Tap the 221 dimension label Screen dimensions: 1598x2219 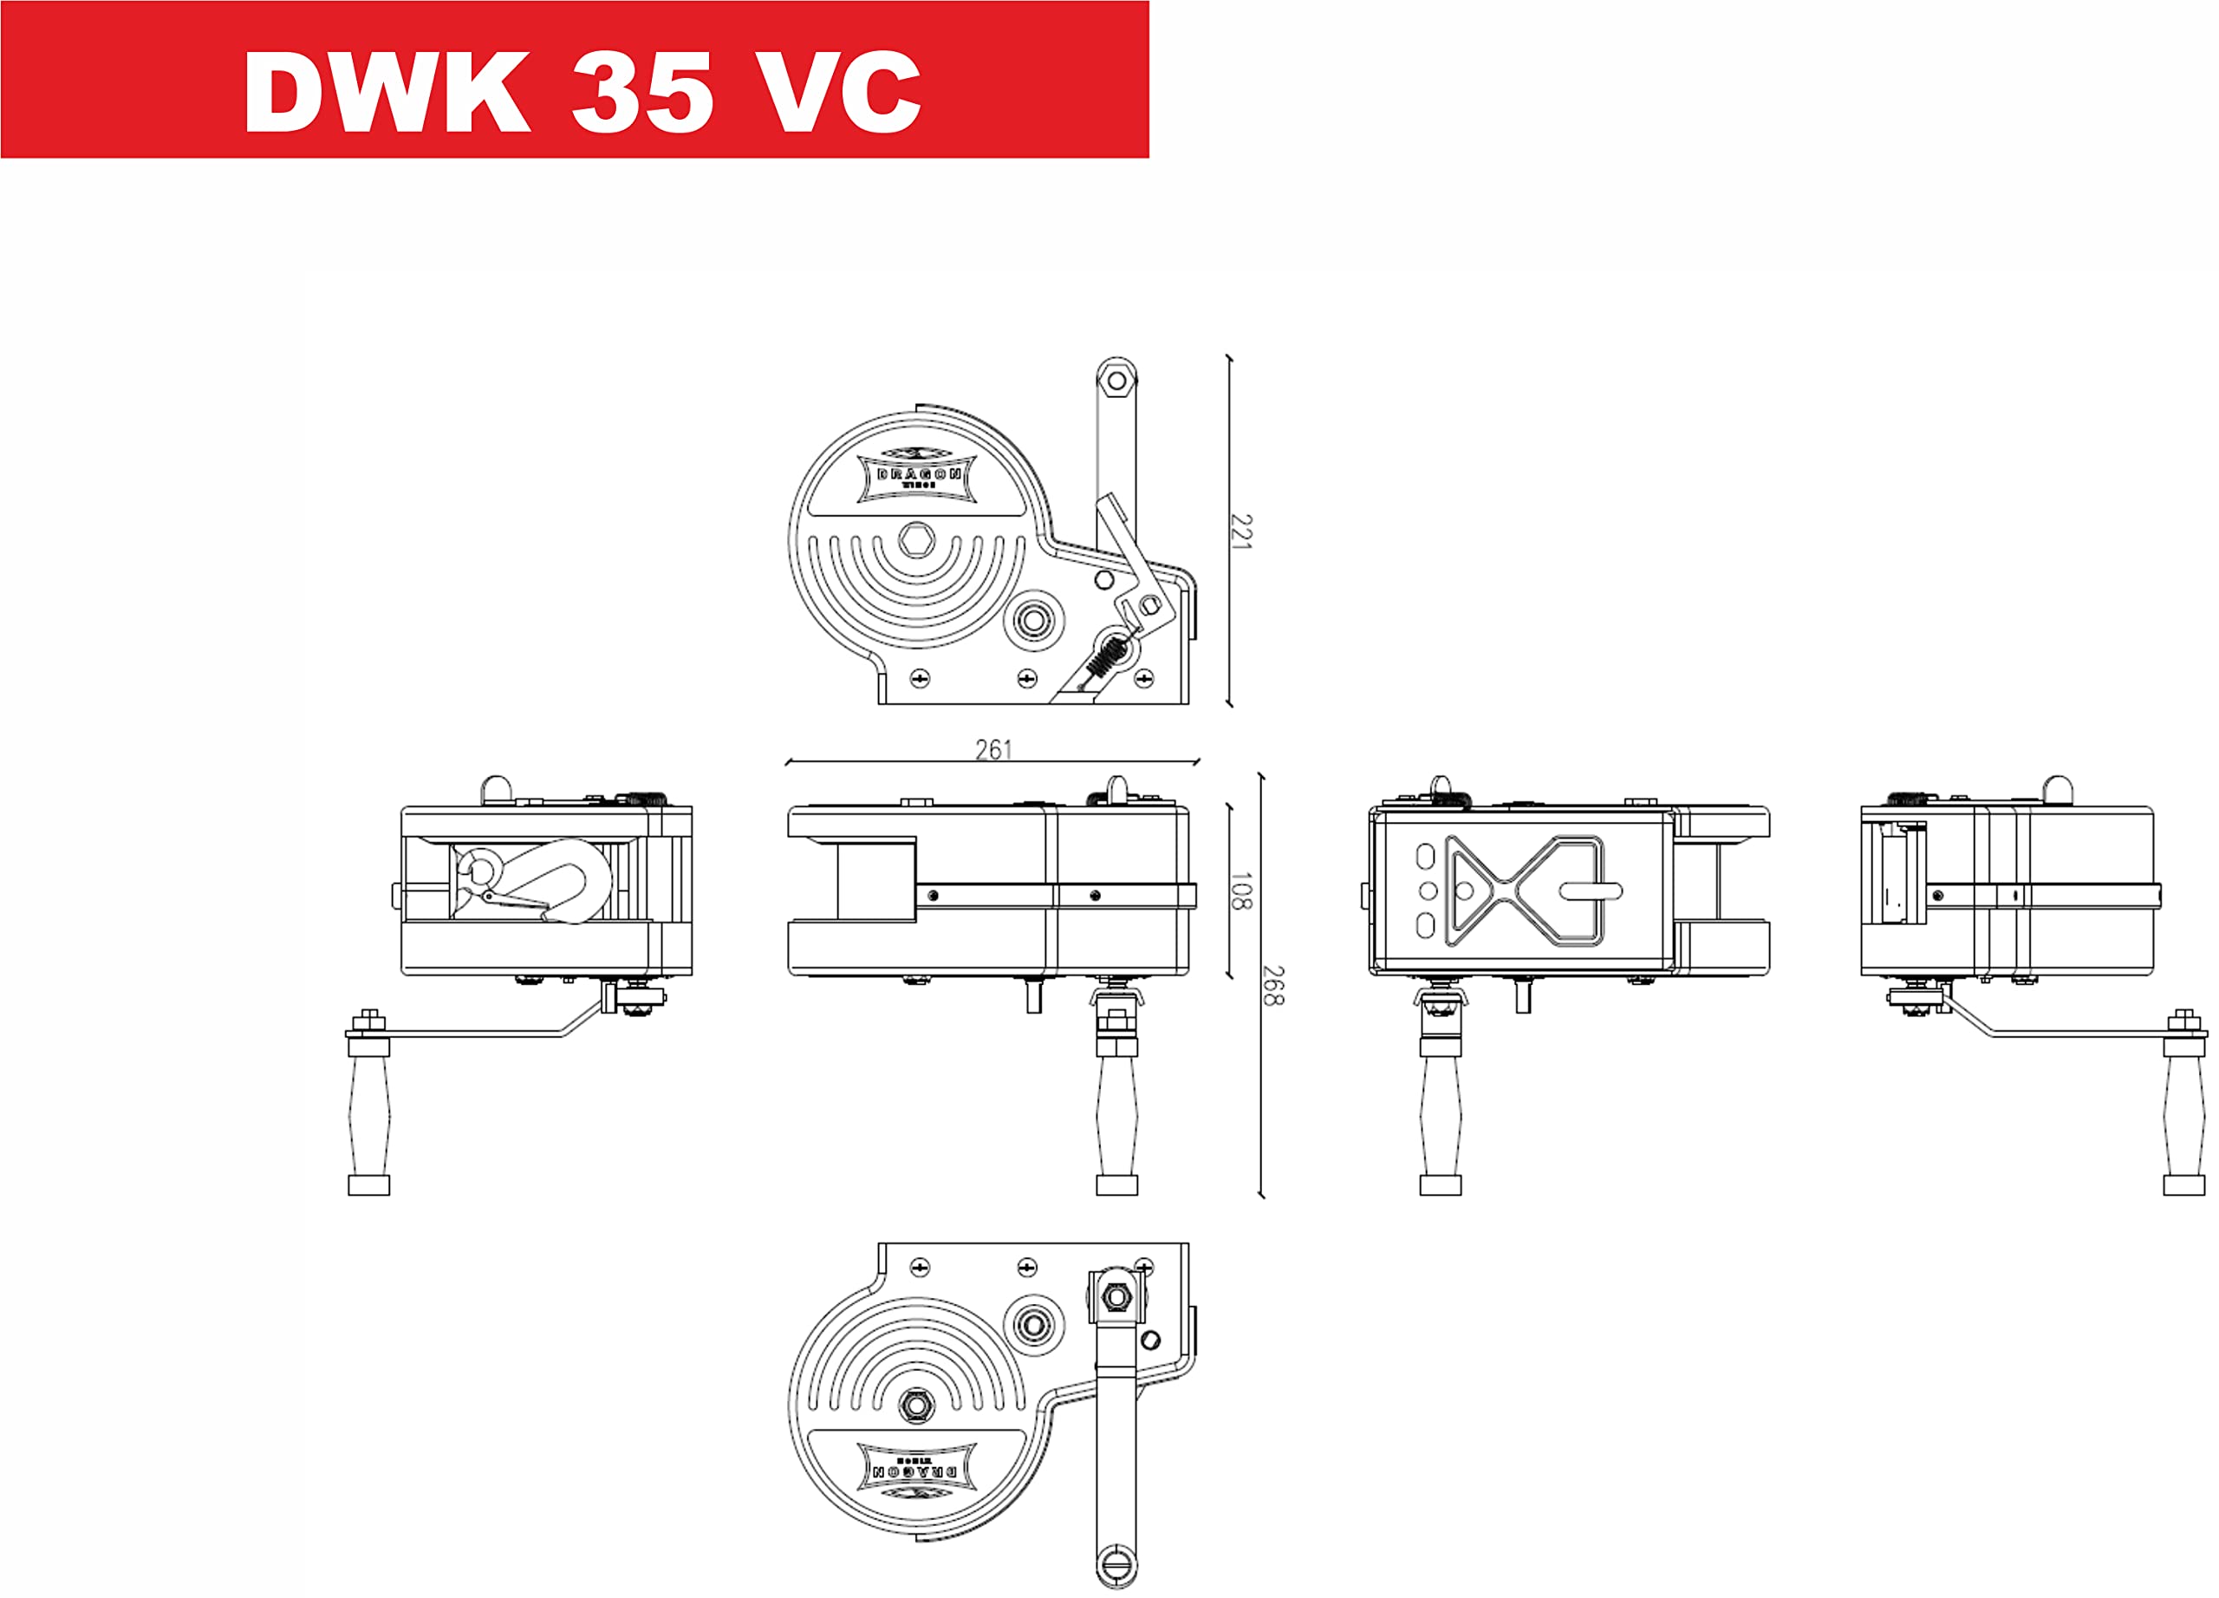click(x=1240, y=532)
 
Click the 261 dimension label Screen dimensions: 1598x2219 click(x=993, y=750)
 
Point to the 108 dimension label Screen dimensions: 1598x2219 click(x=1240, y=890)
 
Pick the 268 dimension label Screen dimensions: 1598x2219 click(x=1273, y=985)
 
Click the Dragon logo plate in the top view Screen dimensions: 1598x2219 click(x=916, y=477)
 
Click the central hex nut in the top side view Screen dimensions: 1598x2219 click(x=916, y=539)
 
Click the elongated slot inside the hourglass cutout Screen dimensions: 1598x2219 click(x=1590, y=890)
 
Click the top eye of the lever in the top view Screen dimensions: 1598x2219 click(x=1116, y=380)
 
